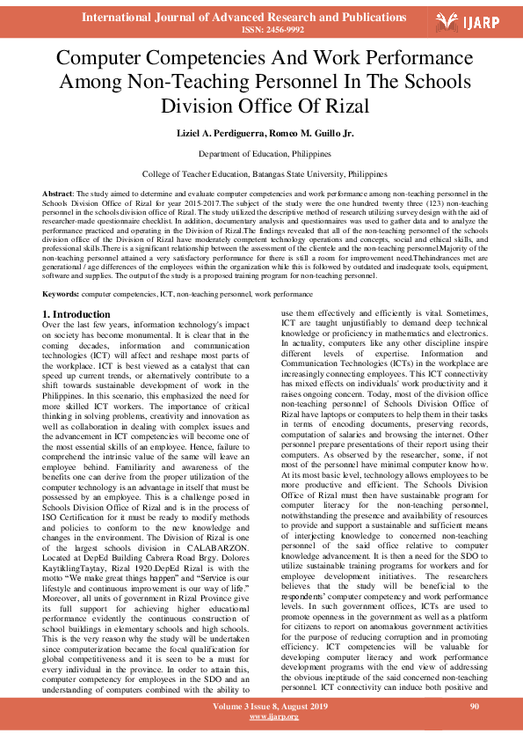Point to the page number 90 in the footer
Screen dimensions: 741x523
[x=475, y=706]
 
